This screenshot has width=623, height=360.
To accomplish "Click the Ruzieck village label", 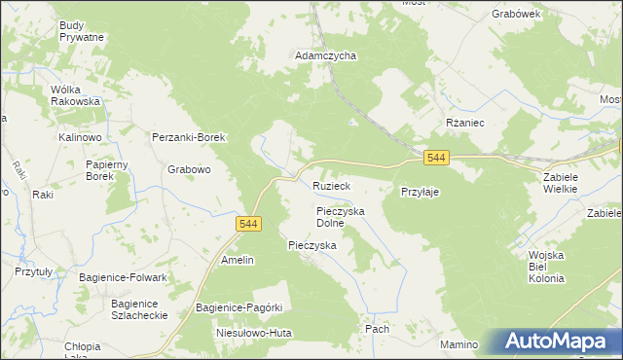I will click(331, 185).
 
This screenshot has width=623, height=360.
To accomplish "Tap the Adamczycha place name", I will click(326, 56).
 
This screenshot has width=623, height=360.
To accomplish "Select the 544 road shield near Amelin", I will click(247, 224).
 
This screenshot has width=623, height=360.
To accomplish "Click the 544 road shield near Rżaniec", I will click(436, 158).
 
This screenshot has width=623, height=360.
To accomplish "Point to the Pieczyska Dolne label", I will click(340, 216).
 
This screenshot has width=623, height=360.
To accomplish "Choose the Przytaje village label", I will click(421, 193).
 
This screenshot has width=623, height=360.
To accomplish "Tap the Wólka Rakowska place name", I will click(76, 95).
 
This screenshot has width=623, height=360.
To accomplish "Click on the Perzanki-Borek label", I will click(189, 138).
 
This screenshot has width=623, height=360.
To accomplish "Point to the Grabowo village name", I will click(189, 169).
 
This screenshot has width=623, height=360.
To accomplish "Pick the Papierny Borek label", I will click(101, 170).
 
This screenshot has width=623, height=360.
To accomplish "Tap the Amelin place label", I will click(238, 260).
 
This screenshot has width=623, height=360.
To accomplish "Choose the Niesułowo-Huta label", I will click(253, 332).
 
